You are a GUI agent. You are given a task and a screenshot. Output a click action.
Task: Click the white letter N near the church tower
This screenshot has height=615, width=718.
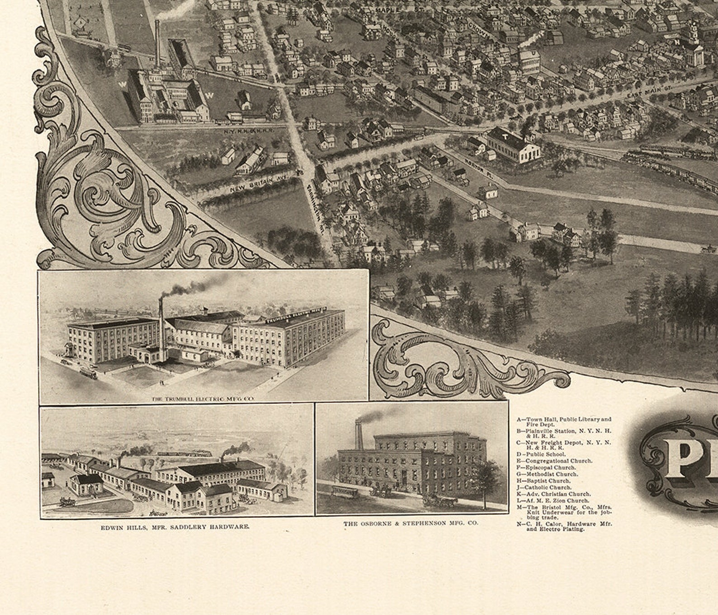(677, 42)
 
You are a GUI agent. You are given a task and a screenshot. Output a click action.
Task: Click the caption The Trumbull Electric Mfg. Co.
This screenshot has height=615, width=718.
(203, 399)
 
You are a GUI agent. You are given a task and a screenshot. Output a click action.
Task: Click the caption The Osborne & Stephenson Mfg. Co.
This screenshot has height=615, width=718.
(410, 524)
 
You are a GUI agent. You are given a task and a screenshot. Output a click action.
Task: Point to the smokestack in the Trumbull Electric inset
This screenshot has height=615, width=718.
(161, 330)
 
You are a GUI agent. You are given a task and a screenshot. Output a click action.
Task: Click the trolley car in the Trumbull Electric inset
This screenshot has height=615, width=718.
(88, 373)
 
